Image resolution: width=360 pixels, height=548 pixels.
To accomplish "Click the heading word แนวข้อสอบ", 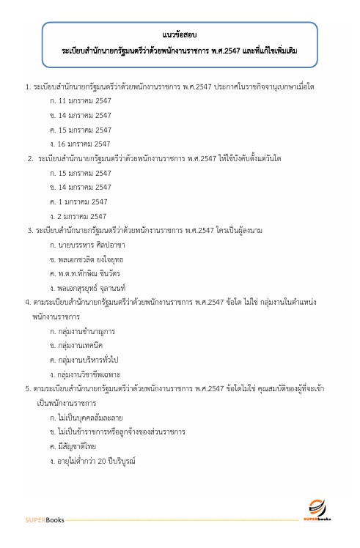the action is coord(180,34).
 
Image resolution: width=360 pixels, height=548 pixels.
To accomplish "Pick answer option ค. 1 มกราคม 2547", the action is coord(78,201).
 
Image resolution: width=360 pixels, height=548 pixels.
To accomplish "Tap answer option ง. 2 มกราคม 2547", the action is coord(78,216).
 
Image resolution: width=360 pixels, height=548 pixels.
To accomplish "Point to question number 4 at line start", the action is coord(27,303).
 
